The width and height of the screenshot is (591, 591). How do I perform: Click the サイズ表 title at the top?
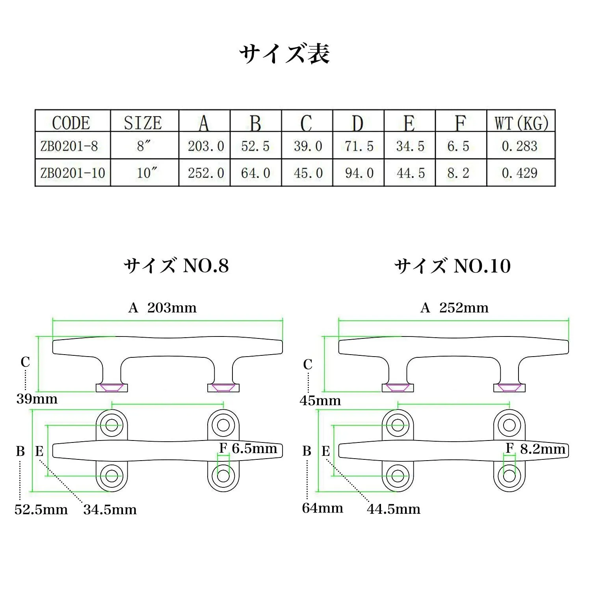284,54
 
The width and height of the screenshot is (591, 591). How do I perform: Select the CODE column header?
71,123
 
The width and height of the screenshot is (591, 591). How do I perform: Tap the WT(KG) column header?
521,123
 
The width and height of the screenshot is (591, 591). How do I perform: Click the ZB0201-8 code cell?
69,146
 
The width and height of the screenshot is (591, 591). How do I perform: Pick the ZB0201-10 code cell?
73,173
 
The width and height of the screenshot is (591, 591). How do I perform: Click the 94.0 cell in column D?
359,173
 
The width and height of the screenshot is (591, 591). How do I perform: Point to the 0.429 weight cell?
520,173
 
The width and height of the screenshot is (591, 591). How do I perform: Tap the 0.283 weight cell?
520,146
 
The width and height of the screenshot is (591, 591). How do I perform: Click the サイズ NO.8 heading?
176,266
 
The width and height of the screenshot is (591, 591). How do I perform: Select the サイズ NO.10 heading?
453,266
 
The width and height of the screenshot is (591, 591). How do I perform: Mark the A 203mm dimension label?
162,308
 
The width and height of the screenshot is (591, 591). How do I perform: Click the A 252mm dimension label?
454,308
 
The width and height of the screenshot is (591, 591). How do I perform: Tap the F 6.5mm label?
248,448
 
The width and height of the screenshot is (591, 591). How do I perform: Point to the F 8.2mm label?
535,449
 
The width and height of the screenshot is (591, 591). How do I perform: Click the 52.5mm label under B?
41,509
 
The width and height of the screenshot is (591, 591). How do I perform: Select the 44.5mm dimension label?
394,509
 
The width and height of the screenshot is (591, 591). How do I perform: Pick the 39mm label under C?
37,399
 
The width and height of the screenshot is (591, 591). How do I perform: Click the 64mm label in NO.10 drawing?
323,508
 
